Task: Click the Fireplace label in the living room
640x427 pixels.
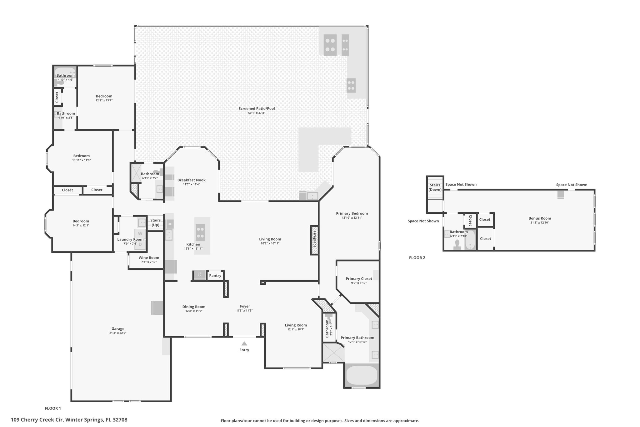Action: click(314, 239)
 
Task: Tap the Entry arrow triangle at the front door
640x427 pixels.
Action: click(244, 343)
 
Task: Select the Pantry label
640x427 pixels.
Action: click(215, 276)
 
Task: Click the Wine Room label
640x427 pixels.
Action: click(149, 258)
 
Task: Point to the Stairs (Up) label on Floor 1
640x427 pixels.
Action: click(155, 223)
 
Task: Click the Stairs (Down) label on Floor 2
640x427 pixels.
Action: click(435, 187)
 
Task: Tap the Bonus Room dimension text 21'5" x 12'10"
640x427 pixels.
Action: click(540, 223)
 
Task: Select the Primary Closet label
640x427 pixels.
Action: click(359, 279)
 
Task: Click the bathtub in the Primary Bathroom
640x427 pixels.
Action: click(362, 375)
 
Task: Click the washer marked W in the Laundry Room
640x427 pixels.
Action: click(140, 234)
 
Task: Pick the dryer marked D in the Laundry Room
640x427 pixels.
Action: click(140, 244)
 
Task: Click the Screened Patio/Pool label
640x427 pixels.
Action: click(257, 109)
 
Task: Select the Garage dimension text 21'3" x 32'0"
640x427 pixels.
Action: click(118, 333)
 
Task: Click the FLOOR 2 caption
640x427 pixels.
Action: click(417, 258)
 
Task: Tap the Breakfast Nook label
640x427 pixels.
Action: click(192, 180)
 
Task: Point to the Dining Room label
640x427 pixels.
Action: click(194, 307)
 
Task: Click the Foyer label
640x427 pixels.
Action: click(245, 307)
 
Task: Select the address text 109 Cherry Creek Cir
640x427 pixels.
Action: click(37, 420)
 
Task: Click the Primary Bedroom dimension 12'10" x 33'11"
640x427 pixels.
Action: click(352, 218)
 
